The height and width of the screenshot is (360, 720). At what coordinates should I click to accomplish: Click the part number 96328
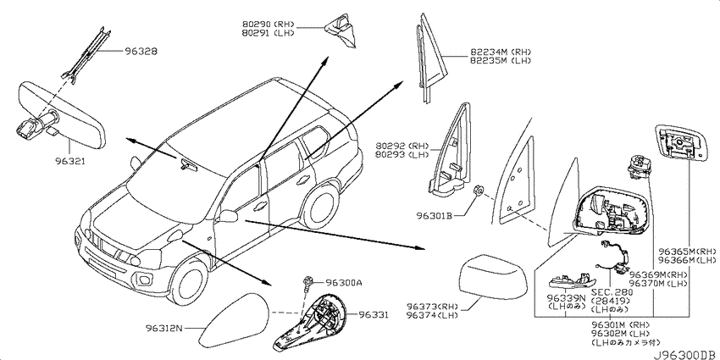(x=140, y=52)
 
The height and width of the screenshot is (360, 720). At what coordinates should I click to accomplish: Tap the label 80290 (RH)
(x=269, y=25)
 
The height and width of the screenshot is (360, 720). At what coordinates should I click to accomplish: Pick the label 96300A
(x=344, y=282)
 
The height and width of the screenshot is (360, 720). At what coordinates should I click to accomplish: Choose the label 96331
(x=374, y=315)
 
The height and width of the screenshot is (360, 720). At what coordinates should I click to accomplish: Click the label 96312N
(x=164, y=329)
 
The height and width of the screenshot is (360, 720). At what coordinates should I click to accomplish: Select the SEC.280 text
(x=612, y=292)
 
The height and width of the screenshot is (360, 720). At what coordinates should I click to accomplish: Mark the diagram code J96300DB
(x=686, y=356)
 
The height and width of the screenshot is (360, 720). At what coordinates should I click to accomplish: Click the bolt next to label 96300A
(x=307, y=285)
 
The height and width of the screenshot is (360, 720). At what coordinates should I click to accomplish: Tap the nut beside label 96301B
(x=478, y=191)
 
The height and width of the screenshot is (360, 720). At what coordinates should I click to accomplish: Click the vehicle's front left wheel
(x=189, y=282)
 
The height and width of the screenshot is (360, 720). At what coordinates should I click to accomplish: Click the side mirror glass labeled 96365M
(x=679, y=143)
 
